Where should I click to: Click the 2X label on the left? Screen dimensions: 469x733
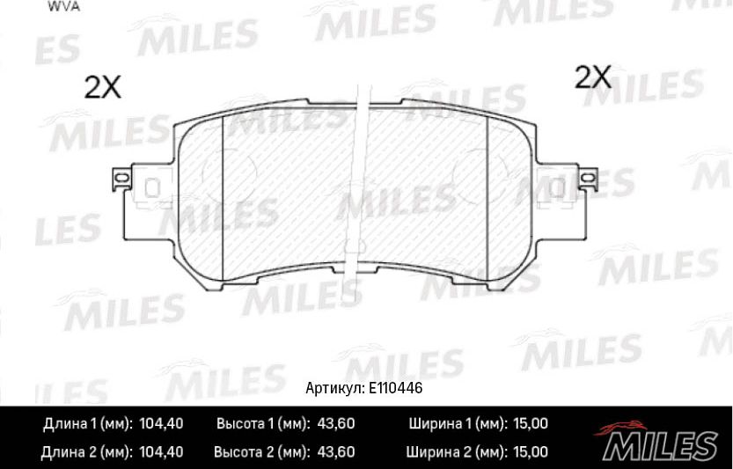(x=102, y=86)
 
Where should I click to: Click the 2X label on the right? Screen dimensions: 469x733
(x=592, y=77)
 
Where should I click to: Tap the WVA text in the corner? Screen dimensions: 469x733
(x=59, y=6)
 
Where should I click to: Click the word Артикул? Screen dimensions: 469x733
(x=334, y=388)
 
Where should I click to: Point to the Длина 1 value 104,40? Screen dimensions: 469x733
(x=161, y=423)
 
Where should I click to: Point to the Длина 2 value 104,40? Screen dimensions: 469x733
(x=161, y=452)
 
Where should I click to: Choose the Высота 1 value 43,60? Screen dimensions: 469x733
(x=335, y=423)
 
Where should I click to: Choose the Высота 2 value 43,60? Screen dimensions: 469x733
(x=335, y=452)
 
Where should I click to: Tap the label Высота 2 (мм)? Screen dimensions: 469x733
(x=260, y=452)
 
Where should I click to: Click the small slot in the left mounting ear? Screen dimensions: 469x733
(x=151, y=187)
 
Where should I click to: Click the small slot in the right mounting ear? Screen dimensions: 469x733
(x=557, y=187)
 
